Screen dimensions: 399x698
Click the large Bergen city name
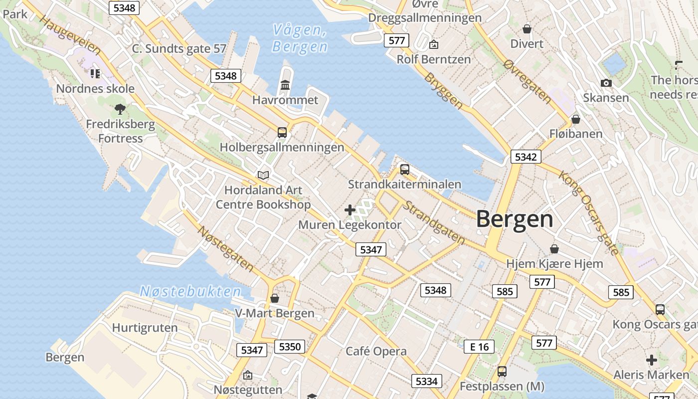pyautogui.click(x=515, y=219)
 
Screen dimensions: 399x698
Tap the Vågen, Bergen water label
pyautogui.click(x=300, y=38)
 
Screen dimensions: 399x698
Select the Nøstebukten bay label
pyautogui.click(x=190, y=291)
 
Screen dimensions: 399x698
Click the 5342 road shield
pyautogui.click(x=525, y=157)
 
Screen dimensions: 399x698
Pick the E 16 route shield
pyautogui.click(x=479, y=347)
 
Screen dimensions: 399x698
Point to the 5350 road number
pyautogui.click(x=290, y=346)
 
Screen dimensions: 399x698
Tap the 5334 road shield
pyautogui.click(x=426, y=382)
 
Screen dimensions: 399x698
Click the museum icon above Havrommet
pyautogui.click(x=285, y=85)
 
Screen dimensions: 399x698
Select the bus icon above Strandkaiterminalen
pyautogui.click(x=405, y=170)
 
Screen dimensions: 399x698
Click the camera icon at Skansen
pyautogui.click(x=606, y=83)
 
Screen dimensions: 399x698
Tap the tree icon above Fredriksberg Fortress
pyautogui.click(x=120, y=108)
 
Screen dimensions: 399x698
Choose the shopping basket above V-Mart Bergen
pyautogui.click(x=274, y=298)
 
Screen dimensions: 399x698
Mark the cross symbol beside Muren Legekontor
pyautogui.click(x=350, y=210)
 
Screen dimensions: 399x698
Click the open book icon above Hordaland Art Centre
pyautogui.click(x=263, y=175)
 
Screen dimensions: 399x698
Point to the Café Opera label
pyautogui.click(x=376, y=351)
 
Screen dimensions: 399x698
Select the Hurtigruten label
pyautogui.click(x=145, y=328)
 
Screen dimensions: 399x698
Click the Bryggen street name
pyautogui.click(x=443, y=91)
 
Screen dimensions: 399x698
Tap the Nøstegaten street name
pyautogui.click(x=226, y=248)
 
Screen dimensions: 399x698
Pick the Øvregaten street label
pyautogui.click(x=527, y=82)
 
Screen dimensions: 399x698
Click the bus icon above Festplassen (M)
pyautogui.click(x=502, y=372)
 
